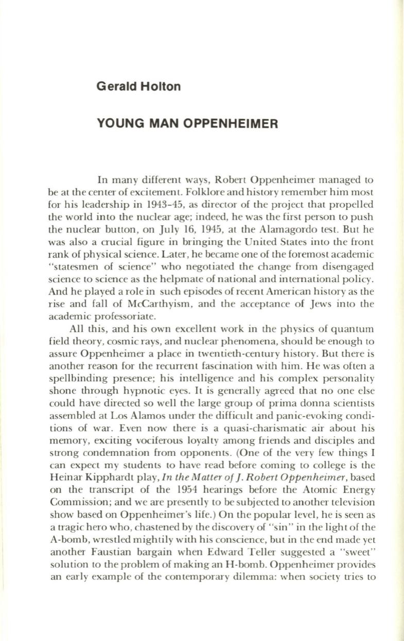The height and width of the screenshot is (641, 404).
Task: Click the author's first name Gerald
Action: pyautogui.click(x=113, y=86)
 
